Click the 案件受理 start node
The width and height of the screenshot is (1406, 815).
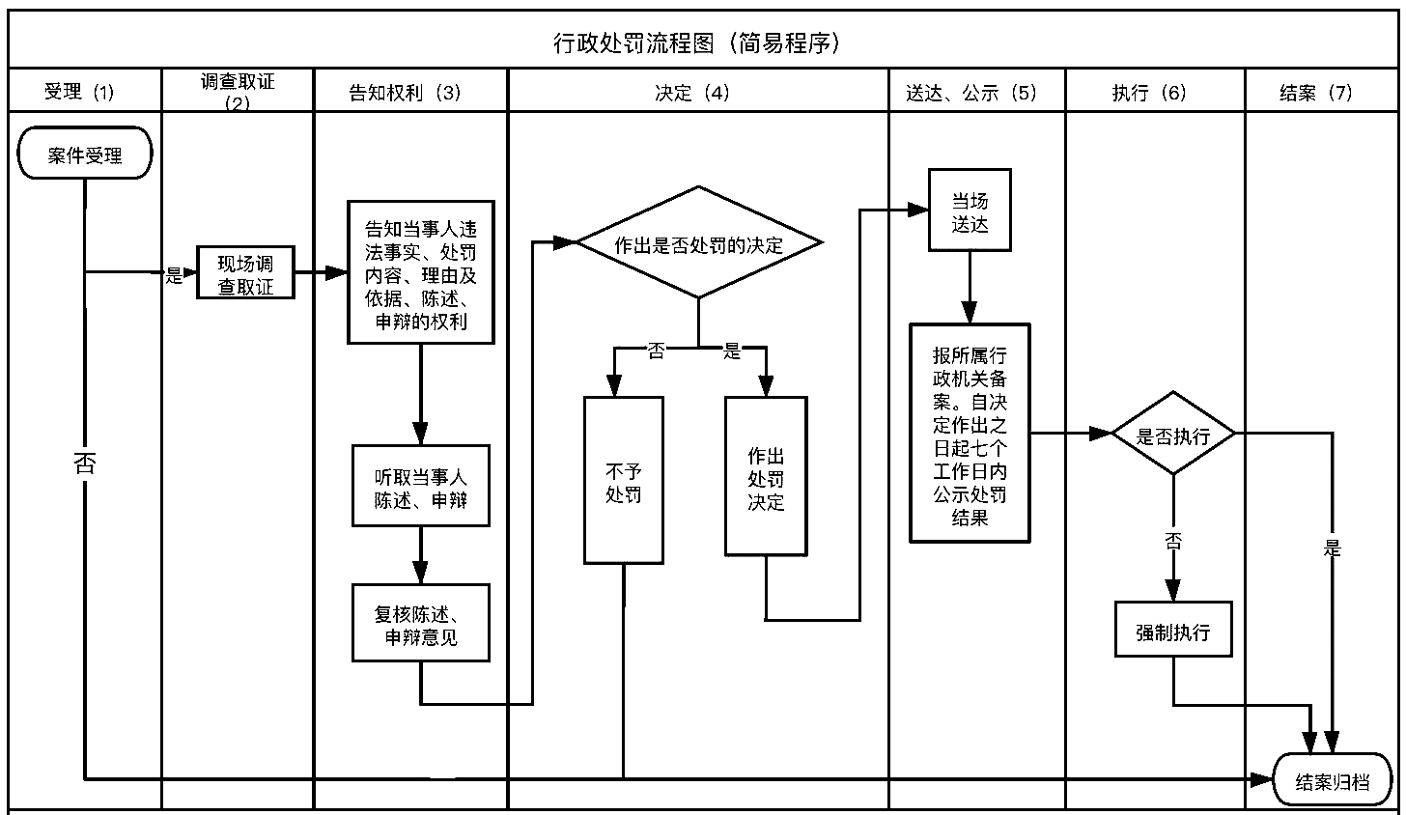(x=85, y=154)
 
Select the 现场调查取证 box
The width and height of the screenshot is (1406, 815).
(x=245, y=273)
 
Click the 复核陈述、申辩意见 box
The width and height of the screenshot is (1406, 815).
(x=420, y=624)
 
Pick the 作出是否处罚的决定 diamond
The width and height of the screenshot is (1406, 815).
(x=698, y=243)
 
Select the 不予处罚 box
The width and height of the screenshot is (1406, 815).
(x=623, y=481)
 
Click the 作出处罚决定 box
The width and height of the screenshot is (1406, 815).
(x=766, y=477)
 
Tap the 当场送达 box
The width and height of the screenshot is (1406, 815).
(x=970, y=211)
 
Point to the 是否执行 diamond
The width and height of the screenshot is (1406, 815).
(x=1173, y=435)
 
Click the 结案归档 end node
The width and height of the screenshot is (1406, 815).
(x=1332, y=780)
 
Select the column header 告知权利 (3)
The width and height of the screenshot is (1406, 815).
(x=410, y=92)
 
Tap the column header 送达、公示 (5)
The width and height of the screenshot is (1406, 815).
(x=975, y=92)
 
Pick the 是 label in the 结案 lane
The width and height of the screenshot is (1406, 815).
(x=1333, y=548)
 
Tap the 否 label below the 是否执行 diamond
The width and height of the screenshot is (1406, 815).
(x=1173, y=542)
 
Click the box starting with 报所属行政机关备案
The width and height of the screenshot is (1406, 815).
(x=970, y=433)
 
